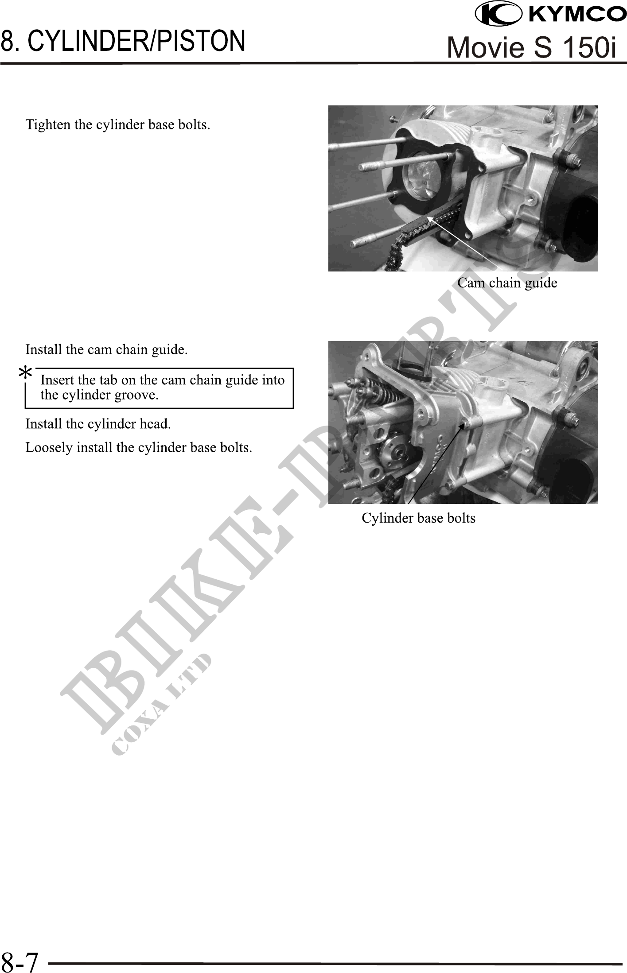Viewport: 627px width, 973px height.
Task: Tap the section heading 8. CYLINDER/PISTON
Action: click(x=123, y=41)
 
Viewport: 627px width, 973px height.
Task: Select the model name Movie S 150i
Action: click(x=532, y=47)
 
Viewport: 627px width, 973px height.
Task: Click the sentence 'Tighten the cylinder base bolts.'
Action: click(x=118, y=125)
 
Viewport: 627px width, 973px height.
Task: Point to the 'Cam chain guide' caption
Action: click(x=507, y=283)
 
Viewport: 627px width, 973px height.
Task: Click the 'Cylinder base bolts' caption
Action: click(x=418, y=518)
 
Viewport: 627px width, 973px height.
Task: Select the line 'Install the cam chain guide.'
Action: click(x=106, y=350)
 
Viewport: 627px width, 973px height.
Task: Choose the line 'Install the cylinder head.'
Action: click(x=98, y=424)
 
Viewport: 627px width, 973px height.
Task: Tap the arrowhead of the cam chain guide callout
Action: click(x=429, y=218)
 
